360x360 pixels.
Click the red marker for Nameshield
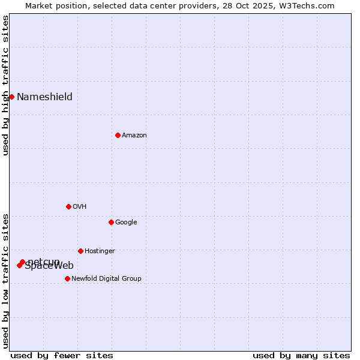point(11,97)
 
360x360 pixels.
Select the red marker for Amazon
point(118,135)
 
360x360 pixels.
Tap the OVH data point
point(68,206)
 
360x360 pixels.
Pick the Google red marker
point(111,222)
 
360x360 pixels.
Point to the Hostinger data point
point(80,251)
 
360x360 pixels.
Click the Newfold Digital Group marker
point(67,278)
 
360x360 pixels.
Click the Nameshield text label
point(44,97)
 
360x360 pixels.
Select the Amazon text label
point(134,136)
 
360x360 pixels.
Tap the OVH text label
point(80,207)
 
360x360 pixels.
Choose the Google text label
point(126,223)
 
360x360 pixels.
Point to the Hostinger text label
point(100,251)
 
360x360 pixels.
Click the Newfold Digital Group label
point(106,279)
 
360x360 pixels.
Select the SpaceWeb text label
point(49,266)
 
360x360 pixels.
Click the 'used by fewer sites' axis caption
point(62,355)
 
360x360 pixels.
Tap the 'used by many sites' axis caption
point(301,355)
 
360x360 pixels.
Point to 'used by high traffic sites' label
point(5,85)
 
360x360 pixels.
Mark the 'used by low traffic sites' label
point(5,280)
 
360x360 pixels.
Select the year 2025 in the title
point(256,5)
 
